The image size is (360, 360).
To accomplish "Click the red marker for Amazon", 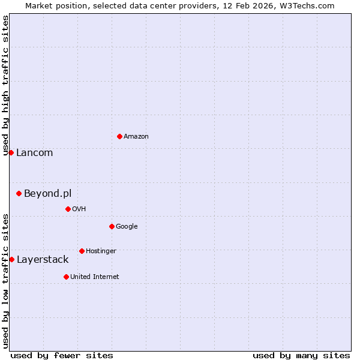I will (x=119, y=136).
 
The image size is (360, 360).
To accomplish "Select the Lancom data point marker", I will (x=11, y=152).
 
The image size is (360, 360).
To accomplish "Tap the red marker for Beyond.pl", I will (x=19, y=193).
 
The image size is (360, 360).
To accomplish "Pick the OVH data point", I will (x=68, y=209).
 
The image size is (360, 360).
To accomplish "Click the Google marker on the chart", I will (x=112, y=226).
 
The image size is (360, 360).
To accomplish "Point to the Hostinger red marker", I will (x=82, y=251).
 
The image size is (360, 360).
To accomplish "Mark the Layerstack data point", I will (x=11, y=259).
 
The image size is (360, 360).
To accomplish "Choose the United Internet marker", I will (x=66, y=277).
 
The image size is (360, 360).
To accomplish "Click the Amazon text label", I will (x=136, y=137).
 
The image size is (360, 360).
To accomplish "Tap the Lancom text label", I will (x=35, y=153).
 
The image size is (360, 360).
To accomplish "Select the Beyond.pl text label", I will (x=47, y=193).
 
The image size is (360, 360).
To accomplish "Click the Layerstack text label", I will (x=43, y=260).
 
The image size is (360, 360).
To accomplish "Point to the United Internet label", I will (x=95, y=277).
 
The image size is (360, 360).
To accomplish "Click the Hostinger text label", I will (x=101, y=251).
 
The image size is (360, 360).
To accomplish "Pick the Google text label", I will (x=127, y=227).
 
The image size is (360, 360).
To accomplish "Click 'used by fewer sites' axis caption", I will (x=62, y=355).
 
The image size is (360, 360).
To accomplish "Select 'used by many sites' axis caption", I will (x=301, y=355).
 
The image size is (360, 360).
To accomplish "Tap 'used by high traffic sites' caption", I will (x=5, y=85).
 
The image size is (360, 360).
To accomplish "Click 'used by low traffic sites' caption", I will (x=5, y=281).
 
